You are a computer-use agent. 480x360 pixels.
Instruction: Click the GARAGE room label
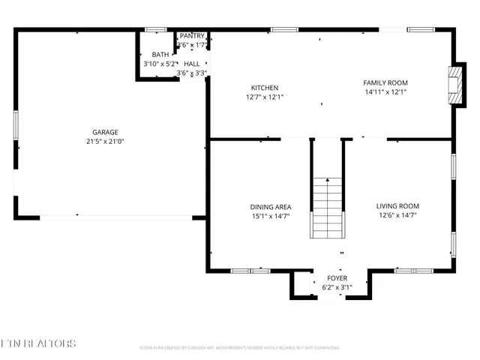105,132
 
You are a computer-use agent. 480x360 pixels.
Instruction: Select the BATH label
160,55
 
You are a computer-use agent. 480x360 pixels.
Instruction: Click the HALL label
192,64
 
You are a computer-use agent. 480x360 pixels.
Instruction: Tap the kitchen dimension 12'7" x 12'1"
265,97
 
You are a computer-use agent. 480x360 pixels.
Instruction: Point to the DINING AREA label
270,207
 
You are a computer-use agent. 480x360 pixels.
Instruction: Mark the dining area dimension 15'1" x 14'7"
270,216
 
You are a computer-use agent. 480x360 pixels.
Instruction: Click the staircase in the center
327,207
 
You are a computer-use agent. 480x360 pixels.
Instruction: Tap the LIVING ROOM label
397,206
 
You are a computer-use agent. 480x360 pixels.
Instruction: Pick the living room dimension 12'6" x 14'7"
397,215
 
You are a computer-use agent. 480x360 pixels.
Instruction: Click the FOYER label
337,278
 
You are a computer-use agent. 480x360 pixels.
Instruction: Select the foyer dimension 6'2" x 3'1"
337,287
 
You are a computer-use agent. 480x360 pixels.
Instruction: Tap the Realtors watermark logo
38,344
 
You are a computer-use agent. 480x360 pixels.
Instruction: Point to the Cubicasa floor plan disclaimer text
239,348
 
